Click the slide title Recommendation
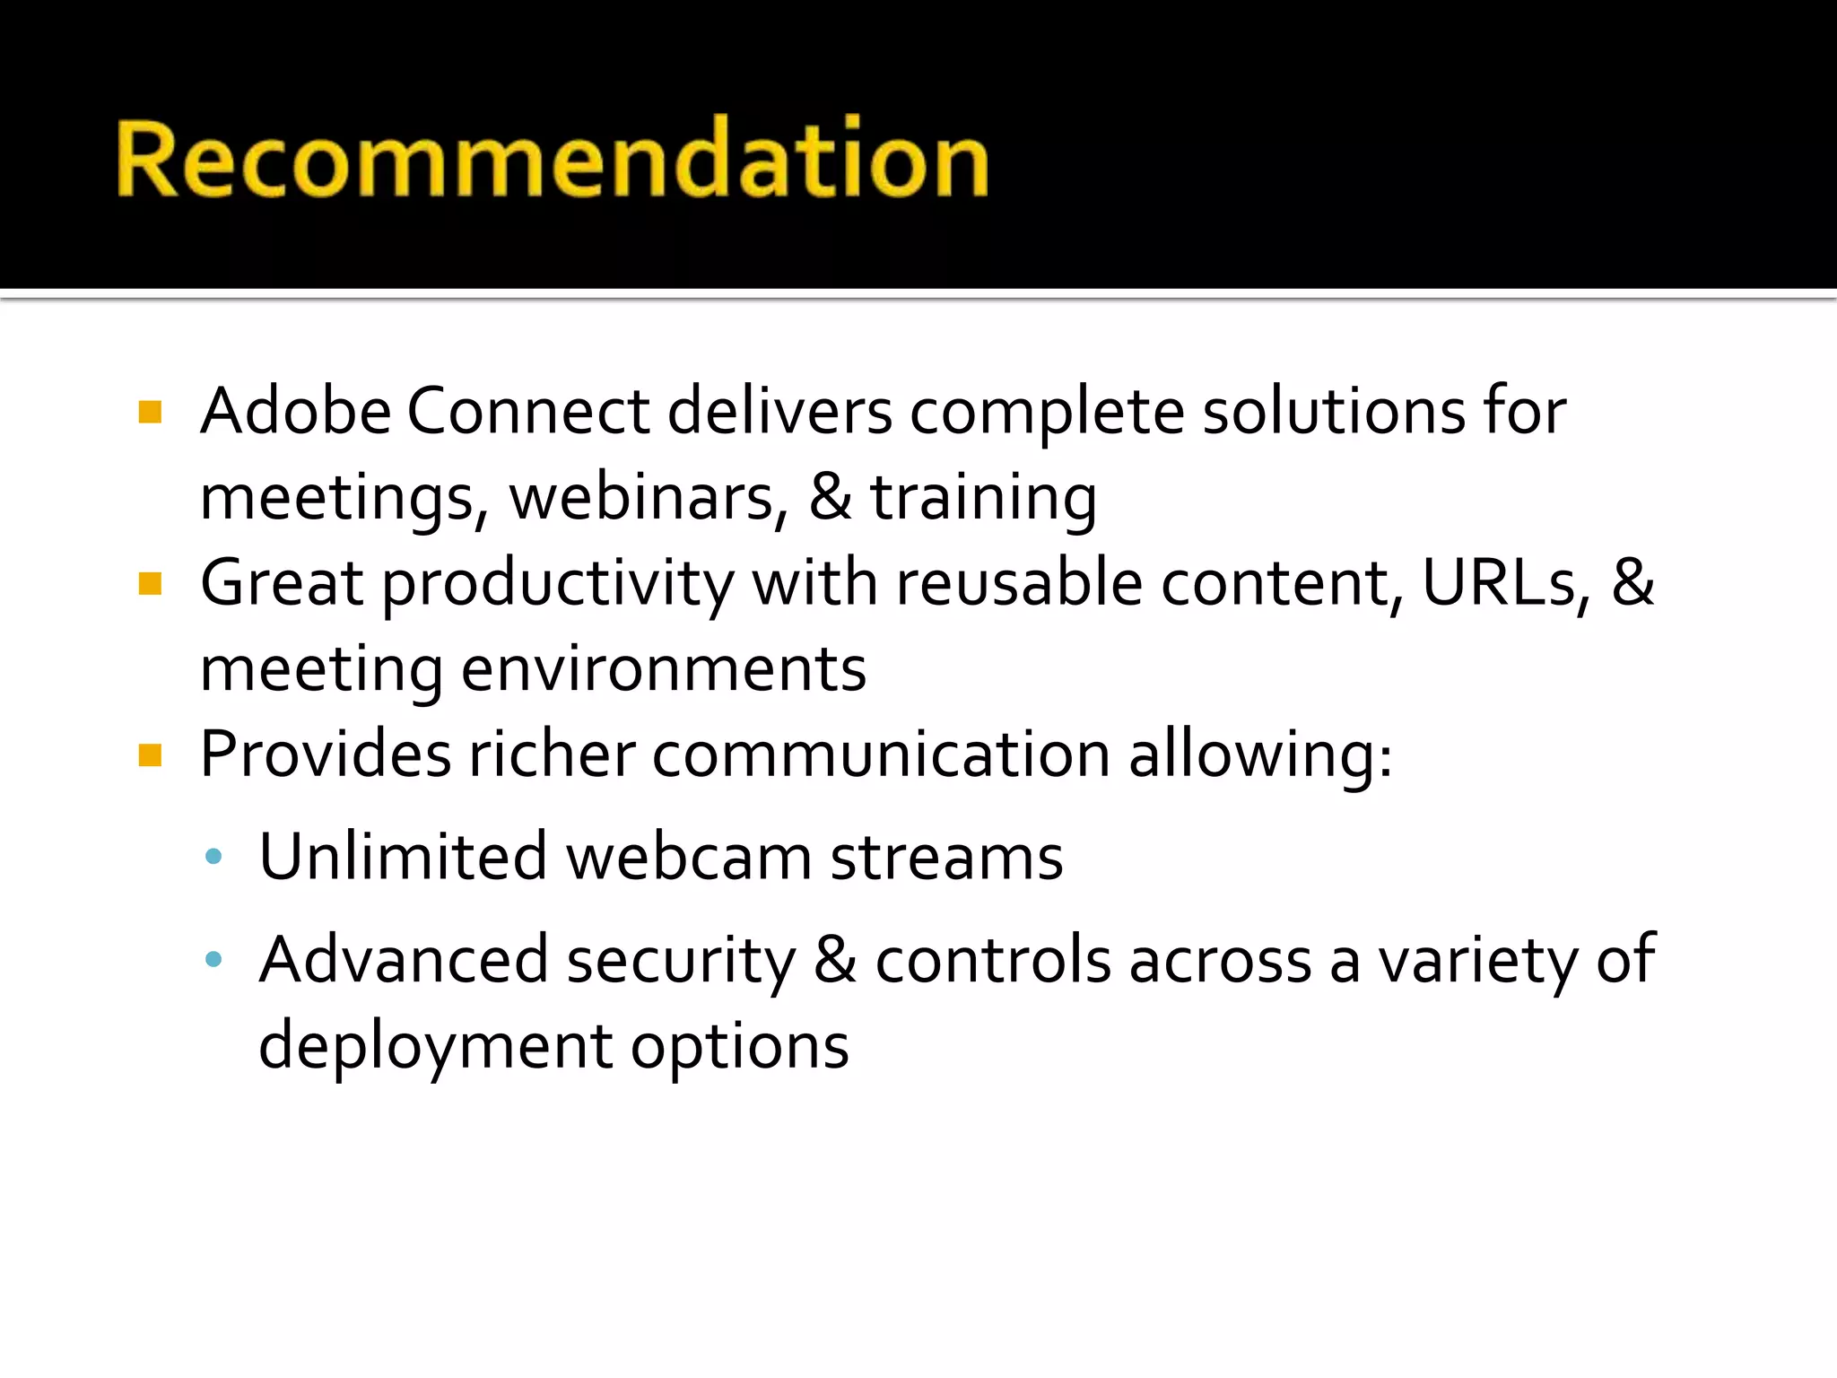552,159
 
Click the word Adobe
296,411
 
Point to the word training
983,499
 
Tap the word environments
664,669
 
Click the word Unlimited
403,857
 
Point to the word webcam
689,857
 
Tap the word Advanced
404,959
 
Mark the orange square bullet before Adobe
150,413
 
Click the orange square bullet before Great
150,585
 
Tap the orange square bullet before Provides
150,755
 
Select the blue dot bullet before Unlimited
213,857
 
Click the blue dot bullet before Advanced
213,960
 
